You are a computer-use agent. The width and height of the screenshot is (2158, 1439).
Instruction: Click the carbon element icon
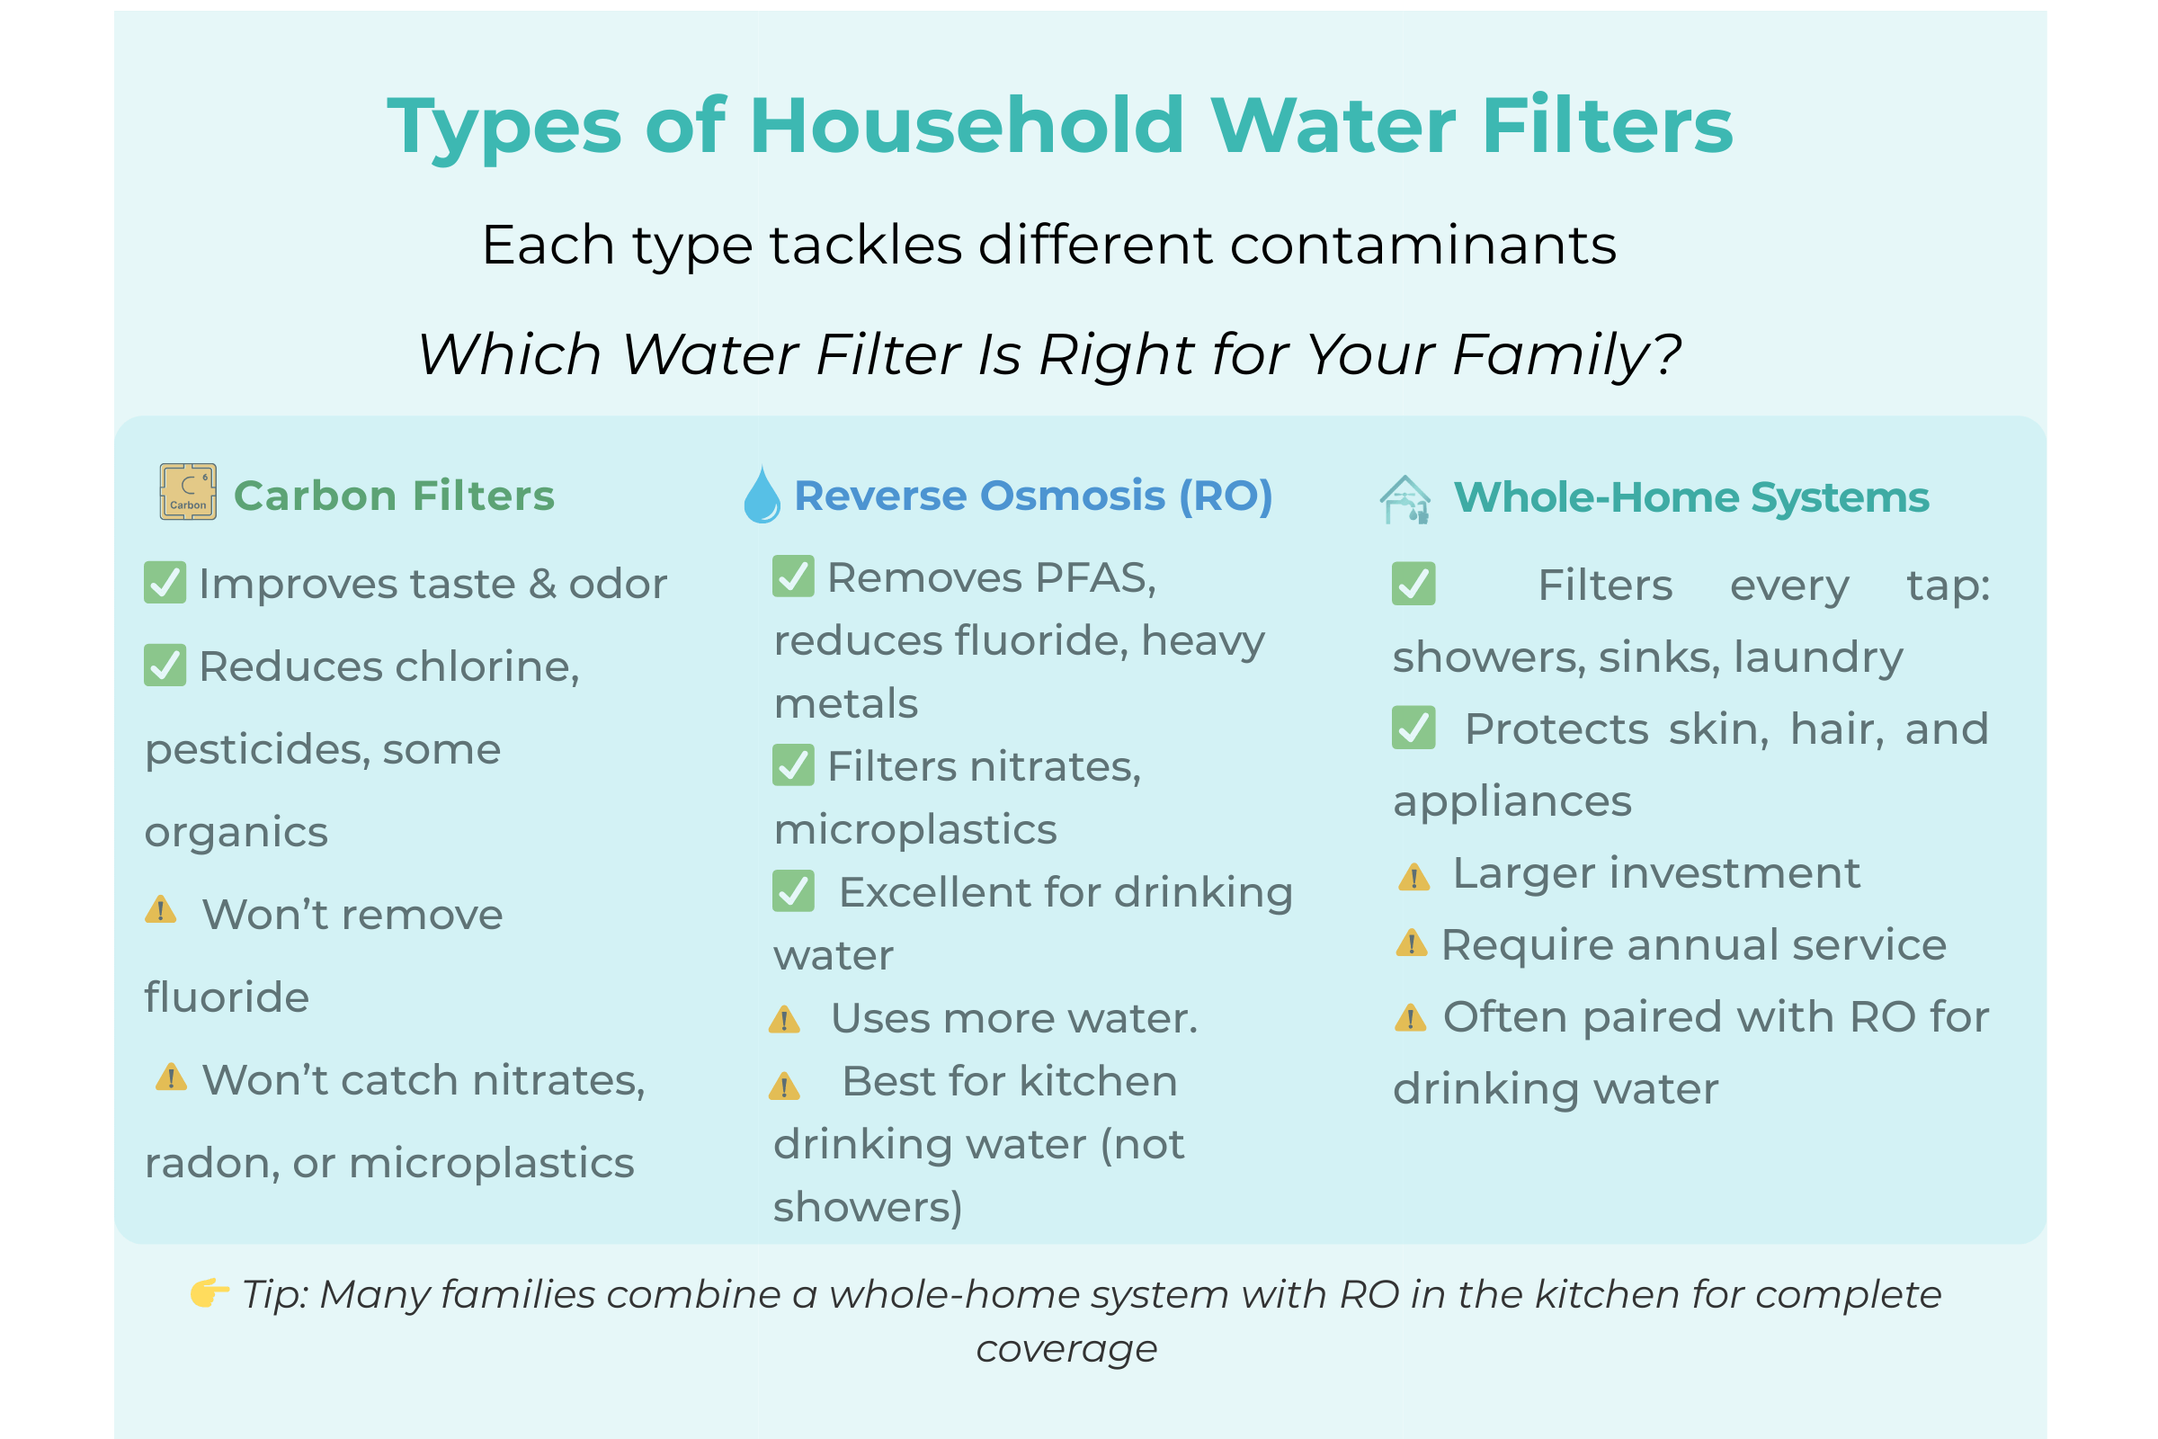tap(188, 492)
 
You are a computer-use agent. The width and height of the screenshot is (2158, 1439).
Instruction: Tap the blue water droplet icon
tap(762, 495)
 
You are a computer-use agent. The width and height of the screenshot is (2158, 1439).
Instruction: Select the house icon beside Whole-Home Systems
tap(1404, 499)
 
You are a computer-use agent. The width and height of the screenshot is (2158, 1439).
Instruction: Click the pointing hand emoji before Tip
tap(210, 1293)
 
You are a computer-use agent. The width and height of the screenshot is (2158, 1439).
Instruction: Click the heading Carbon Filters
tap(394, 496)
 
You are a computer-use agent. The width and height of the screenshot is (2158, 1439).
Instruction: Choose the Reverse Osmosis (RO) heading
tap(1033, 496)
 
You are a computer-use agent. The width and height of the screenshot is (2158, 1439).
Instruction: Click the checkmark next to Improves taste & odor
tap(165, 583)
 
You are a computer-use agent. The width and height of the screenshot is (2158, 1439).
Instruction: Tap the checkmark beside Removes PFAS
tap(793, 576)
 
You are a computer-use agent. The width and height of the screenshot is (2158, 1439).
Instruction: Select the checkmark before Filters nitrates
tap(793, 764)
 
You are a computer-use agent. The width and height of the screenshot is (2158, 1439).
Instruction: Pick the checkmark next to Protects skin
tap(1413, 728)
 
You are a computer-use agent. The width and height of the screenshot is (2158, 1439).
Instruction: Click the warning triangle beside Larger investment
tap(1413, 876)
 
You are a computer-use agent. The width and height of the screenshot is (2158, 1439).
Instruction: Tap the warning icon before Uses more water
tap(784, 1020)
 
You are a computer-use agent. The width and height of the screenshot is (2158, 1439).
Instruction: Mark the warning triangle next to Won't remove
tap(161, 909)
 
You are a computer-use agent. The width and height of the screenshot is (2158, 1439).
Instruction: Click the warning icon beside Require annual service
tap(1411, 943)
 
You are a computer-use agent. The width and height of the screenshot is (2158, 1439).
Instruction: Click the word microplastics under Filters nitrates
tap(915, 828)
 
